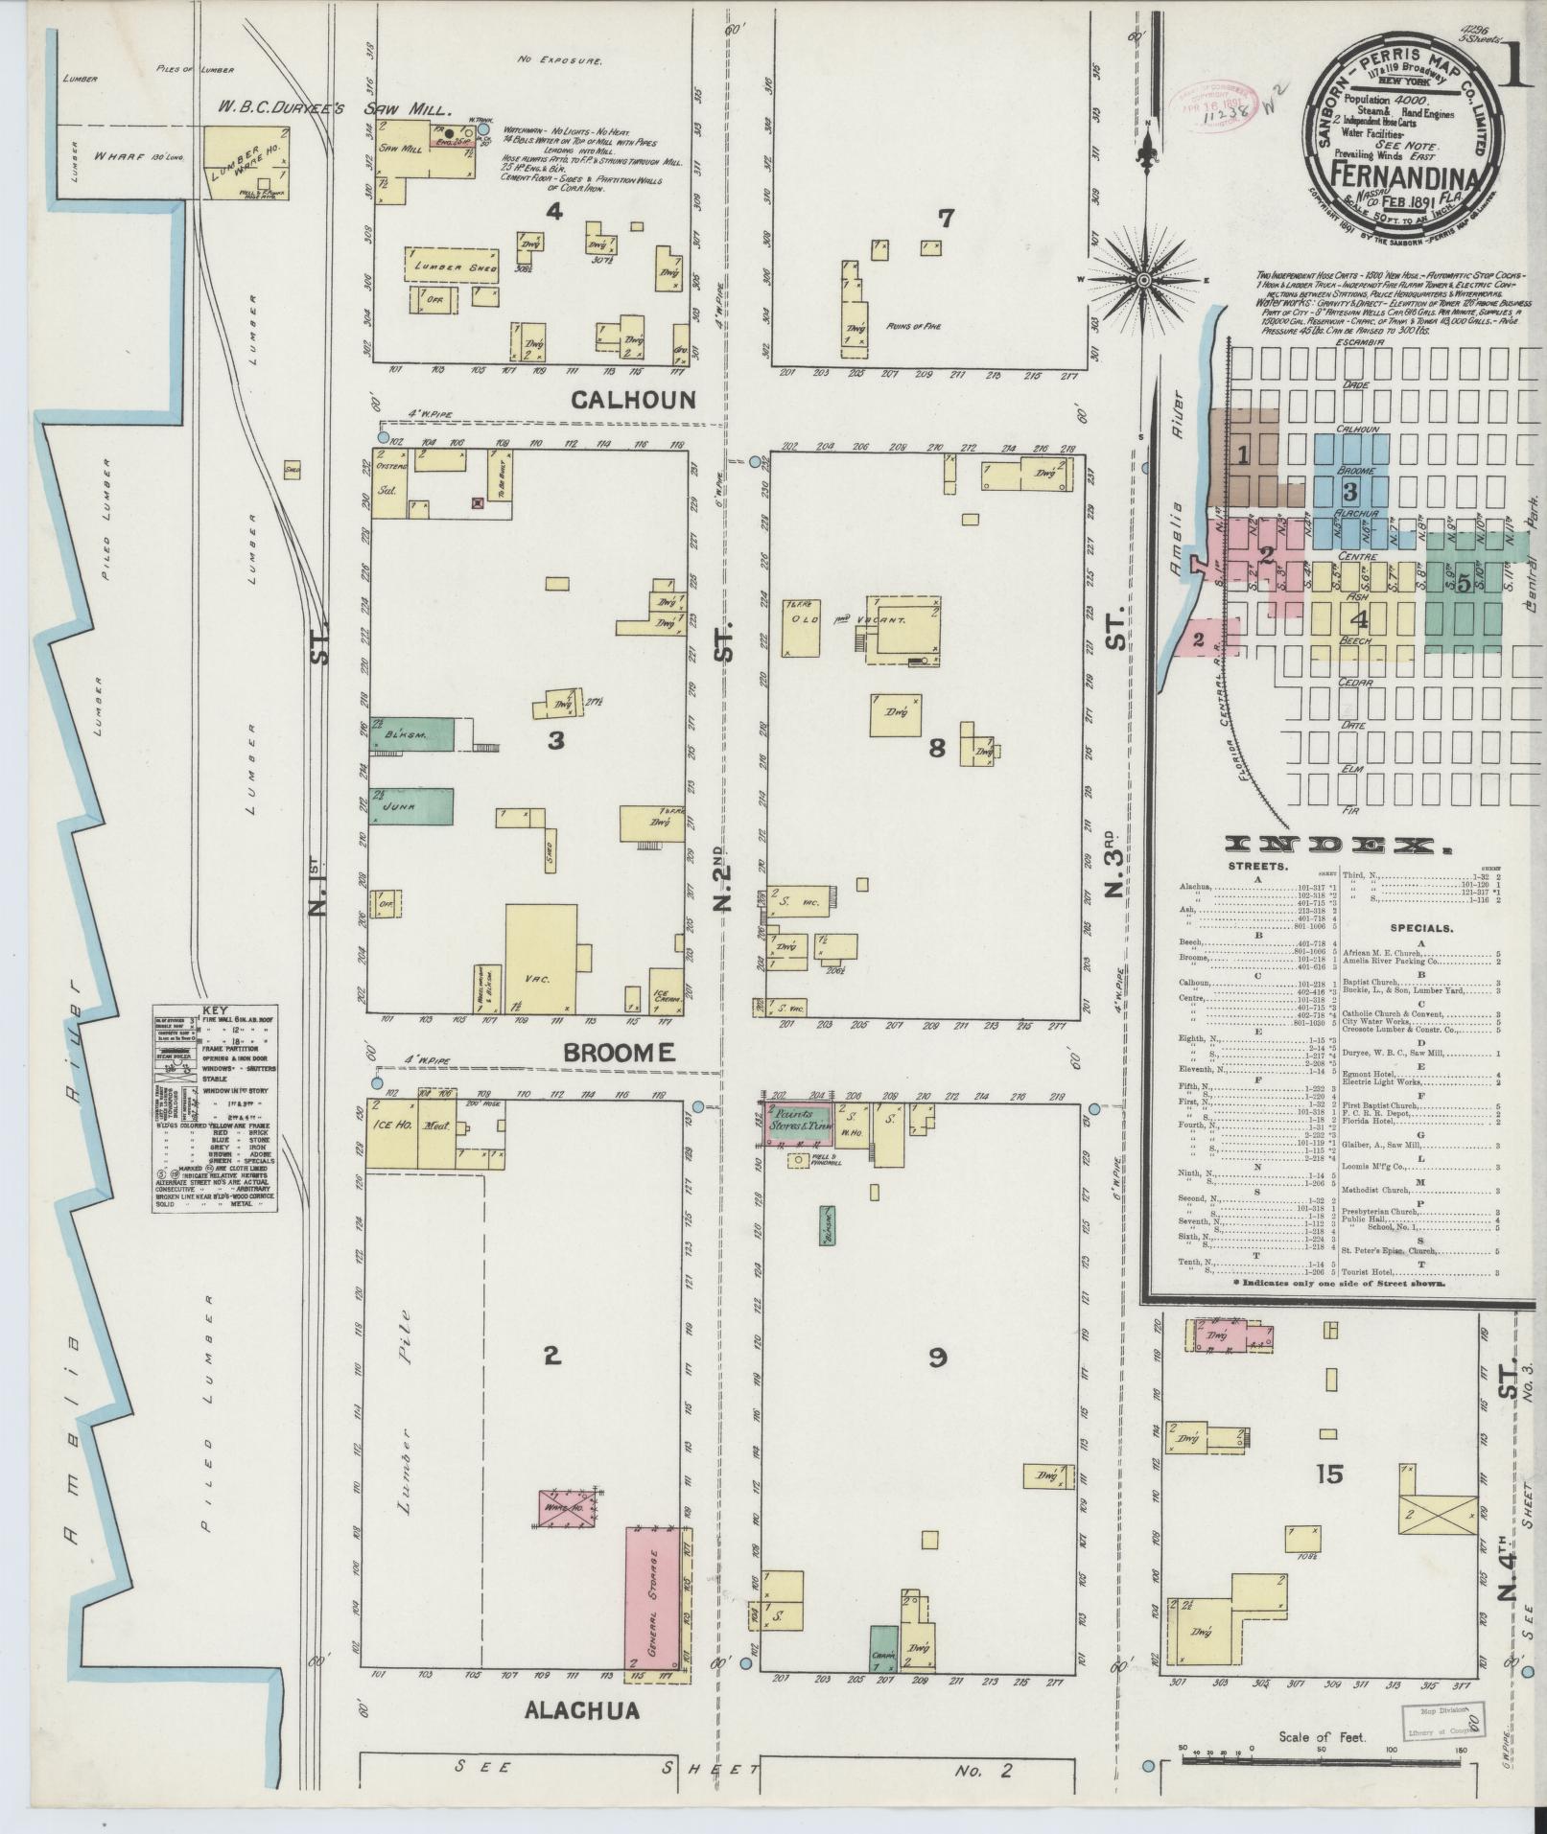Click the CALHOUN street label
633,400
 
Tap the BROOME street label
619,1053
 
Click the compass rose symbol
1143,280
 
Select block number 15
1330,1474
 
